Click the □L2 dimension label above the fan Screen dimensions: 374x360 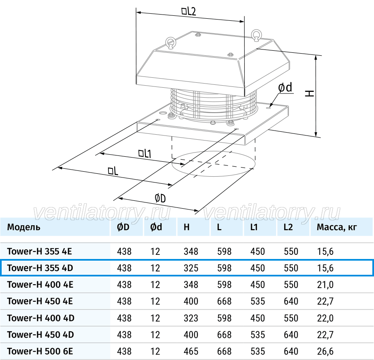pyautogui.click(x=189, y=12)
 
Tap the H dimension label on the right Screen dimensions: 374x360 pyautogui.click(x=310, y=93)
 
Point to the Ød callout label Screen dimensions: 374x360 pyautogui.click(x=285, y=88)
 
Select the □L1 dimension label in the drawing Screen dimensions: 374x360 pyautogui.click(x=145, y=153)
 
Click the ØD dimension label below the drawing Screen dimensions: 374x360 pyautogui.click(x=160, y=198)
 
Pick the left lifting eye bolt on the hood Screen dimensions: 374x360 pyautogui.click(x=171, y=42)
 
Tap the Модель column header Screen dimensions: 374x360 pyautogui.click(x=24, y=227)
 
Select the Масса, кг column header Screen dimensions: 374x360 pyautogui.click(x=337, y=227)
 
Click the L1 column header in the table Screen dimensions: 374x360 pyautogui.click(x=254, y=227)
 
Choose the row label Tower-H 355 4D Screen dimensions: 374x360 pyautogui.click(x=40, y=268)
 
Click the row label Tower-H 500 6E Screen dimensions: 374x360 pyautogui.click(x=40, y=351)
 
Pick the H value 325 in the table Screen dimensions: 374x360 pyautogui.click(x=191, y=268)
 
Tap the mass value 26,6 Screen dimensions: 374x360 pyautogui.click(x=325, y=351)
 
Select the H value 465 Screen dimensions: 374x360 pyautogui.click(x=191, y=351)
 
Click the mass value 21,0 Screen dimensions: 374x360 pyautogui.click(x=325, y=285)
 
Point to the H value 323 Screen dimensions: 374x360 pyautogui.click(x=191, y=318)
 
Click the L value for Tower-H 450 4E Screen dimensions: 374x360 pyautogui.click(x=224, y=301)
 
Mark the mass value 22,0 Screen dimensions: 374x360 pyautogui.click(x=325, y=318)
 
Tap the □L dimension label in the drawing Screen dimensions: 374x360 pyautogui.click(x=113, y=171)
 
